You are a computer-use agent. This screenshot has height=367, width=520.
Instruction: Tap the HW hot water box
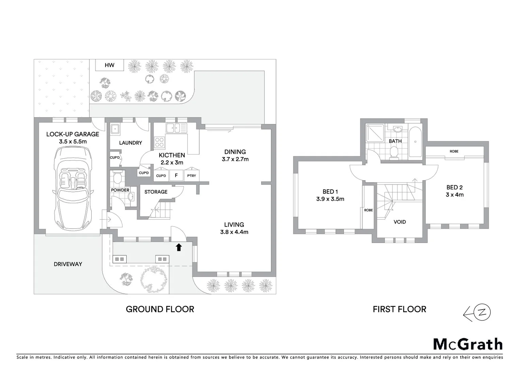click(109, 65)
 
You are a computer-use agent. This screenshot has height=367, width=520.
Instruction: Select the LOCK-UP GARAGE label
click(72, 134)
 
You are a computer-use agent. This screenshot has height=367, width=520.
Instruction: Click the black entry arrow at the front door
click(179, 247)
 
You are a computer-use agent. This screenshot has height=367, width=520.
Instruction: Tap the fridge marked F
click(176, 175)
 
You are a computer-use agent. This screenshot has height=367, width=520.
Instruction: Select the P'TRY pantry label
click(192, 176)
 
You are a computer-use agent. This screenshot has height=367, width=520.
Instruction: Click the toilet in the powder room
click(117, 177)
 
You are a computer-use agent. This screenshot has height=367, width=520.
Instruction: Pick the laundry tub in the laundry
click(115, 129)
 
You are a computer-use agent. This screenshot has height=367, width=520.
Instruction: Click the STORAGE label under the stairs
click(156, 192)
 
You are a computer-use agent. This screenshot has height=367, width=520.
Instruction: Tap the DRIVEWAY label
click(68, 264)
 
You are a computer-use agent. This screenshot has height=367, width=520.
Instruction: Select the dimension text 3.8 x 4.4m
click(234, 232)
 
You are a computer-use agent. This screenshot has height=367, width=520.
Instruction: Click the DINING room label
click(235, 152)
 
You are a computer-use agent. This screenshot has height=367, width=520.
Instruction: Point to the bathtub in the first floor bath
click(415, 142)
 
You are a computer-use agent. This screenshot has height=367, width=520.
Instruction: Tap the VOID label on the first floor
click(400, 222)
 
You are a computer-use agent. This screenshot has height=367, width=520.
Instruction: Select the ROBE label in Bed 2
click(454, 151)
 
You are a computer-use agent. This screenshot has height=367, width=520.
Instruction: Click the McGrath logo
click(468, 344)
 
